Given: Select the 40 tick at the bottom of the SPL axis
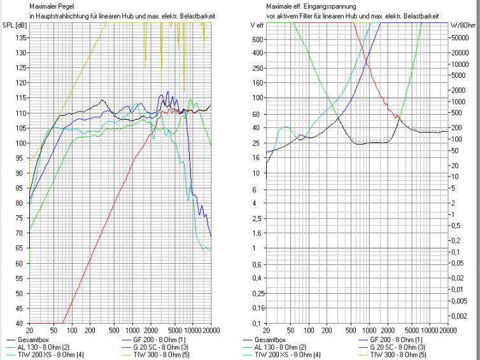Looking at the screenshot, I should point(21,323).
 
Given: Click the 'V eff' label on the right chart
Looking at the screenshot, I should point(257,25).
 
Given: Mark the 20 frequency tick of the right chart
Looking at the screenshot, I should point(266,331).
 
